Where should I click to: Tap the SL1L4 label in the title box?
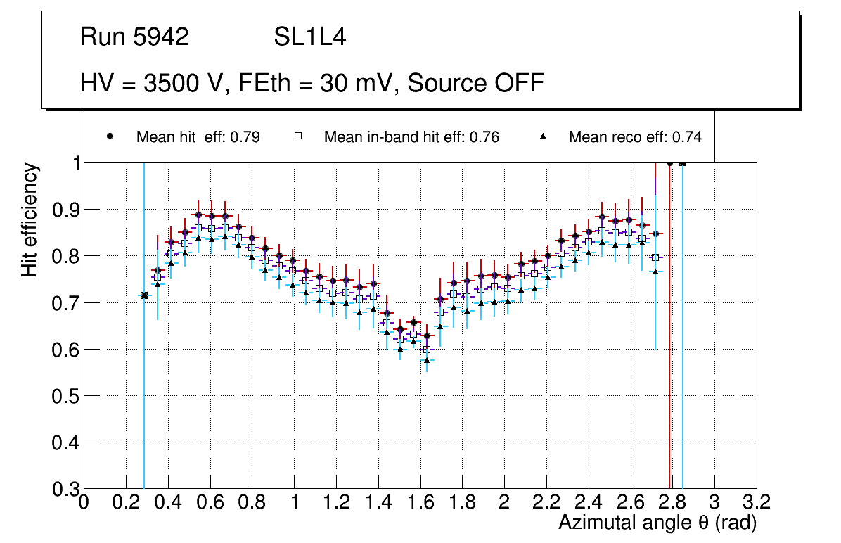pos(309,37)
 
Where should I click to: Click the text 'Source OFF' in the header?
pos(476,83)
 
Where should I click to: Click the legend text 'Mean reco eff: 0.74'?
pos(635,137)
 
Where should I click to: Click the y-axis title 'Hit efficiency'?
pos(30,219)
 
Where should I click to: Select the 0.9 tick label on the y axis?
pos(65,210)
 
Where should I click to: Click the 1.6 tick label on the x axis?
pos(420,502)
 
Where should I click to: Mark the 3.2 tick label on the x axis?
pos(757,502)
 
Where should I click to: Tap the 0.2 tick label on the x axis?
pos(126,502)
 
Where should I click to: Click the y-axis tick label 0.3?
pos(65,489)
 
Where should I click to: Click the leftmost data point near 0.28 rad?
pos(144,295)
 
